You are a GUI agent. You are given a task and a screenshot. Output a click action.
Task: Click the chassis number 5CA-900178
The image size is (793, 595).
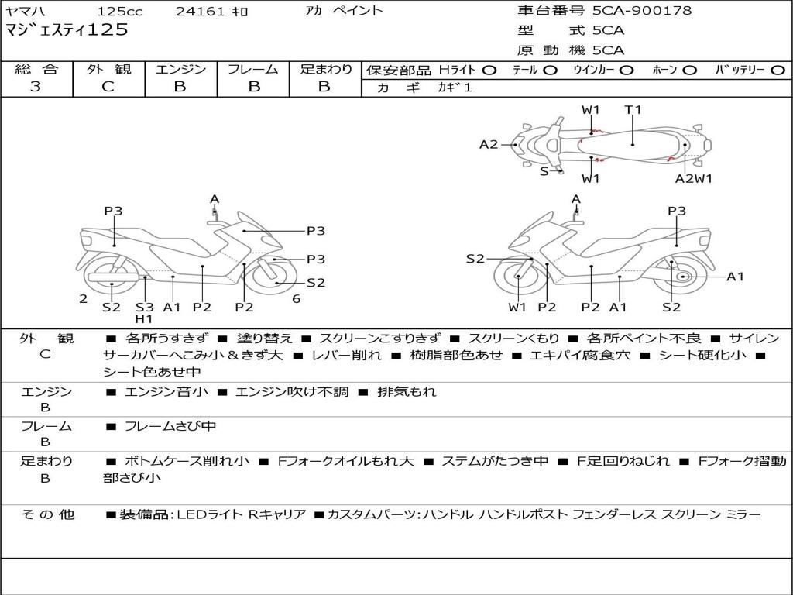(642, 11)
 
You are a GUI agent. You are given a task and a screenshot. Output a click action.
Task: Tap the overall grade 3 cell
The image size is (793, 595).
(36, 87)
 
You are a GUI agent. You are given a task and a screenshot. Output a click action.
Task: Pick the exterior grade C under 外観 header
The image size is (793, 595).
(108, 87)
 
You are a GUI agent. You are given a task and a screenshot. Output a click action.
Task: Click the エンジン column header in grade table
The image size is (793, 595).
(180, 69)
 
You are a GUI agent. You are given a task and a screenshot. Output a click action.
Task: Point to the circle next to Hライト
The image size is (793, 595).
(489, 70)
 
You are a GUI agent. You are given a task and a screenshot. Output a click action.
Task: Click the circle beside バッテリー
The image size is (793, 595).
(778, 70)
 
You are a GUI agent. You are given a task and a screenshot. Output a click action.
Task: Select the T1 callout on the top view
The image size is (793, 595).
(633, 110)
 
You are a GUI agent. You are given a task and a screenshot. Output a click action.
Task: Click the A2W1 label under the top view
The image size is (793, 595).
(693, 178)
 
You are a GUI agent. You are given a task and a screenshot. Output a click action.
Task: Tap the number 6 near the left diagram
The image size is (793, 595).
(297, 299)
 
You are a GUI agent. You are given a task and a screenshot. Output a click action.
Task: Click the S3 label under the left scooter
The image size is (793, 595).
(145, 307)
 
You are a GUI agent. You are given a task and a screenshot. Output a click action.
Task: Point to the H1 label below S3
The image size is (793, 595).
(144, 318)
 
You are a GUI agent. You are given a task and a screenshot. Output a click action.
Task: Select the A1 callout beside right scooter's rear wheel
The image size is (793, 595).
(735, 277)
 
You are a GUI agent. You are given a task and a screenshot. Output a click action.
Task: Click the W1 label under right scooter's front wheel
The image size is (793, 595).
(517, 307)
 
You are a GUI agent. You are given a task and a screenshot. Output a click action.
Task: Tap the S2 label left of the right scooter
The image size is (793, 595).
(475, 259)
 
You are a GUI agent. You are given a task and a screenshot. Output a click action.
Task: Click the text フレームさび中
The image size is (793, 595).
(170, 426)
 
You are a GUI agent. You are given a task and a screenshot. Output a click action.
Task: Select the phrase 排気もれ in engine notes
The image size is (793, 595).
(407, 391)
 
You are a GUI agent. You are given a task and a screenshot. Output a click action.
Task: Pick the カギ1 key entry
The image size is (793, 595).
(455, 88)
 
